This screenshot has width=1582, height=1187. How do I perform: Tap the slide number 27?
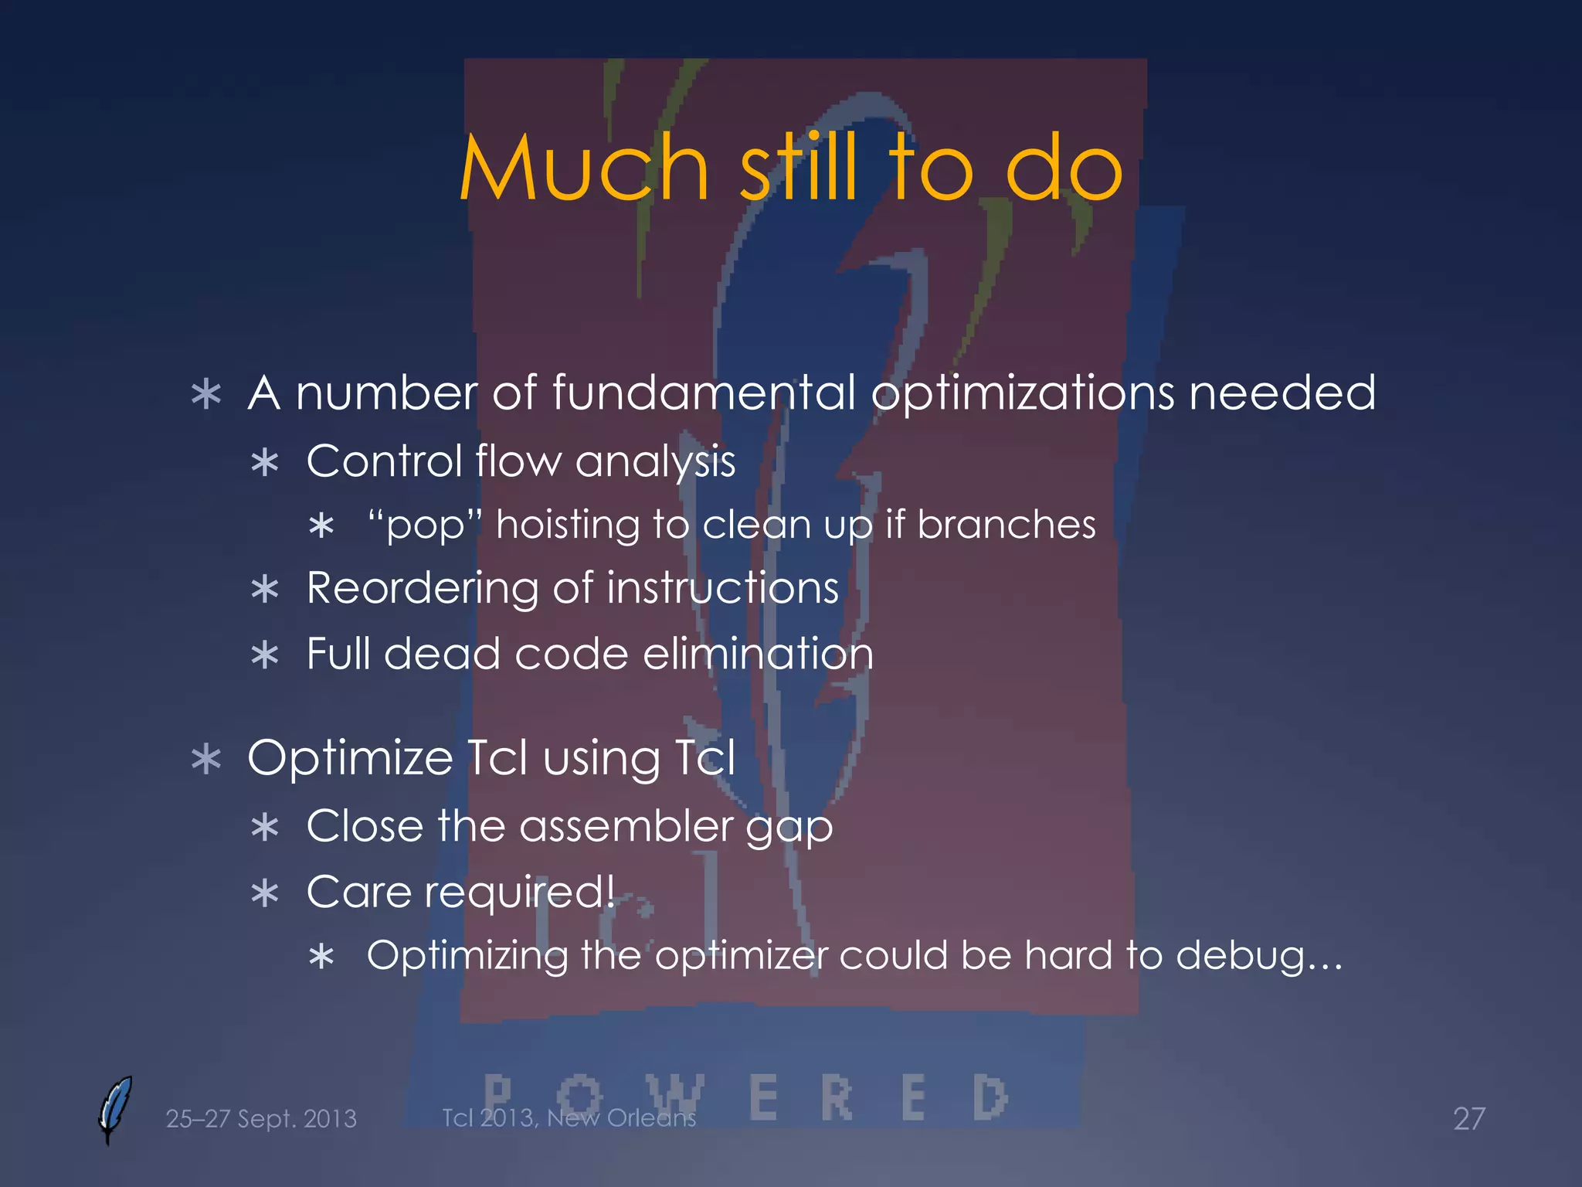(1468, 1118)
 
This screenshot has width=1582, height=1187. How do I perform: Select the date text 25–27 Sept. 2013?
(261, 1118)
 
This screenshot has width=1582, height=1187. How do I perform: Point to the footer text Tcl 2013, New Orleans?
(569, 1117)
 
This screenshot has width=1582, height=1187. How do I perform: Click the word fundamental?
(703, 393)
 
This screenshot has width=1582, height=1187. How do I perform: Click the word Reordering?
(422, 589)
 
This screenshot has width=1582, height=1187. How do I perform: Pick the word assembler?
(625, 825)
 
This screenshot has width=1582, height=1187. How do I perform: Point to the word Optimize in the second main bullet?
(349, 757)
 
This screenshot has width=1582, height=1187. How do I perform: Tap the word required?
(529, 893)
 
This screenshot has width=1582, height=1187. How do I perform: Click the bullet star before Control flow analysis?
(265, 463)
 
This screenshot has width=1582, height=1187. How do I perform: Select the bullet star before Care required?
(265, 894)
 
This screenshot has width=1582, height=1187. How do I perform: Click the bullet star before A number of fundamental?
(206, 394)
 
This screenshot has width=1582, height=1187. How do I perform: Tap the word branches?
(1006, 525)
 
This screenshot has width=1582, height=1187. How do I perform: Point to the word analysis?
(655, 462)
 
